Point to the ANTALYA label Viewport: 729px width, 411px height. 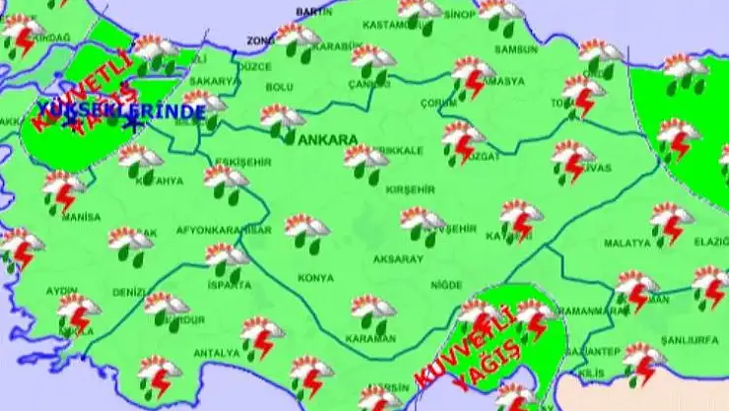pyautogui.click(x=216, y=353)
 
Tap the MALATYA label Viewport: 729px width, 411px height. pyautogui.click(x=627, y=241)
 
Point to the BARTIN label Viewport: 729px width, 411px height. pyautogui.click(x=313, y=11)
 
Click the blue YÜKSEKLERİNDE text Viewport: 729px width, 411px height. pyautogui.click(x=120, y=111)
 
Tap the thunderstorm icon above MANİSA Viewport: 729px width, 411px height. pyautogui.click(x=64, y=190)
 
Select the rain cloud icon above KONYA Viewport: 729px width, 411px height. pyautogui.click(x=306, y=233)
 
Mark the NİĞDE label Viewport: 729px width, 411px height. pyautogui.click(x=445, y=285)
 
